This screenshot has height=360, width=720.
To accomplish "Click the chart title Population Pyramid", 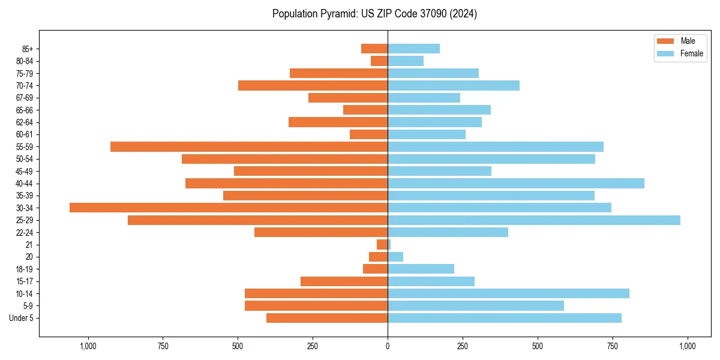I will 374,14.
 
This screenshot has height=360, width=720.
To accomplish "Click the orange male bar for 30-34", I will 229,208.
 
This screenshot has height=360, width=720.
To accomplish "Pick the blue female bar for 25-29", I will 534,220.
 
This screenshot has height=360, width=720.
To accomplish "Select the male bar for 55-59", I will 249,147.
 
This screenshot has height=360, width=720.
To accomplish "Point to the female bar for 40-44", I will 516,184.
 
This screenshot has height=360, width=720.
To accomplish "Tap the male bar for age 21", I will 382,245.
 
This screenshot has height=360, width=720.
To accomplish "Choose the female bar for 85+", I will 413,49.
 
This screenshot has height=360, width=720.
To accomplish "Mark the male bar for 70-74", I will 313,86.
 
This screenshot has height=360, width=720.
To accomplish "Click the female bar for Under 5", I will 505,318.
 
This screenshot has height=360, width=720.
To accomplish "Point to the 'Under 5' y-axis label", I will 21,318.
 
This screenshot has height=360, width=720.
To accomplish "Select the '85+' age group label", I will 26,49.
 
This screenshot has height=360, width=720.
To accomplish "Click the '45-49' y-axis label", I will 25,172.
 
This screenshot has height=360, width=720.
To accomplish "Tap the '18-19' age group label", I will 25,269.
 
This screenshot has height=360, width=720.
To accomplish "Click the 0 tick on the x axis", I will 388,346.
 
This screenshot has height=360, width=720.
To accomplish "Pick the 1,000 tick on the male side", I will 88,346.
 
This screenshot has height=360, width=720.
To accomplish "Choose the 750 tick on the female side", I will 613,346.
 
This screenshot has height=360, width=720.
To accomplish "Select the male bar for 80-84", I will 379,61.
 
